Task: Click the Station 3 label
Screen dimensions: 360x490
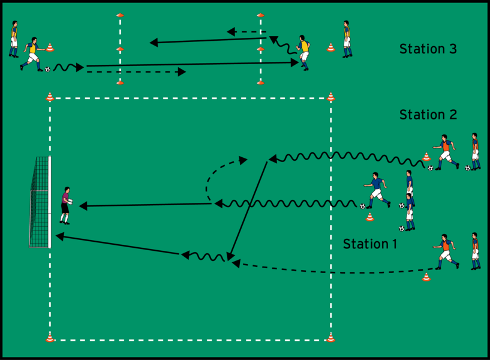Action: [x=428, y=49]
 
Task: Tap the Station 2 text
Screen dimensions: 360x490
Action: [x=428, y=115]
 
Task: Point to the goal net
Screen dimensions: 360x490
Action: [x=39, y=202]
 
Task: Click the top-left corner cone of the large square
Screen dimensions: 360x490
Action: [x=50, y=96]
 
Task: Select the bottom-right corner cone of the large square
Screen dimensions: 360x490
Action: [x=330, y=338]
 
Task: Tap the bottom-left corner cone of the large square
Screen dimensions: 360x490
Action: [x=50, y=338]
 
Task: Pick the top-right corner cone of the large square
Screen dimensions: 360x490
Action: [x=330, y=96]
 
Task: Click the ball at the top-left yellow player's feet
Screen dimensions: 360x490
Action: [x=47, y=69]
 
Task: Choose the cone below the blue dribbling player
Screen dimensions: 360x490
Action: [x=369, y=217]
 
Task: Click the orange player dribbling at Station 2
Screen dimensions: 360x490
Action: [x=444, y=152]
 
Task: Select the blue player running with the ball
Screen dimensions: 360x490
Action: [x=376, y=189]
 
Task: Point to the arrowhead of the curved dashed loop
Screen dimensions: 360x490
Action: [x=243, y=160]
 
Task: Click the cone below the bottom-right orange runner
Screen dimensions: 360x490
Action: [x=426, y=277]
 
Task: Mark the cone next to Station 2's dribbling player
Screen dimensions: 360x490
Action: [x=426, y=157]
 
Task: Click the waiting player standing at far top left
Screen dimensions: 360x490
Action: [x=14, y=38]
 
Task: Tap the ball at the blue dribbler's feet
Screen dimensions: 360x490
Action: [x=362, y=206]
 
